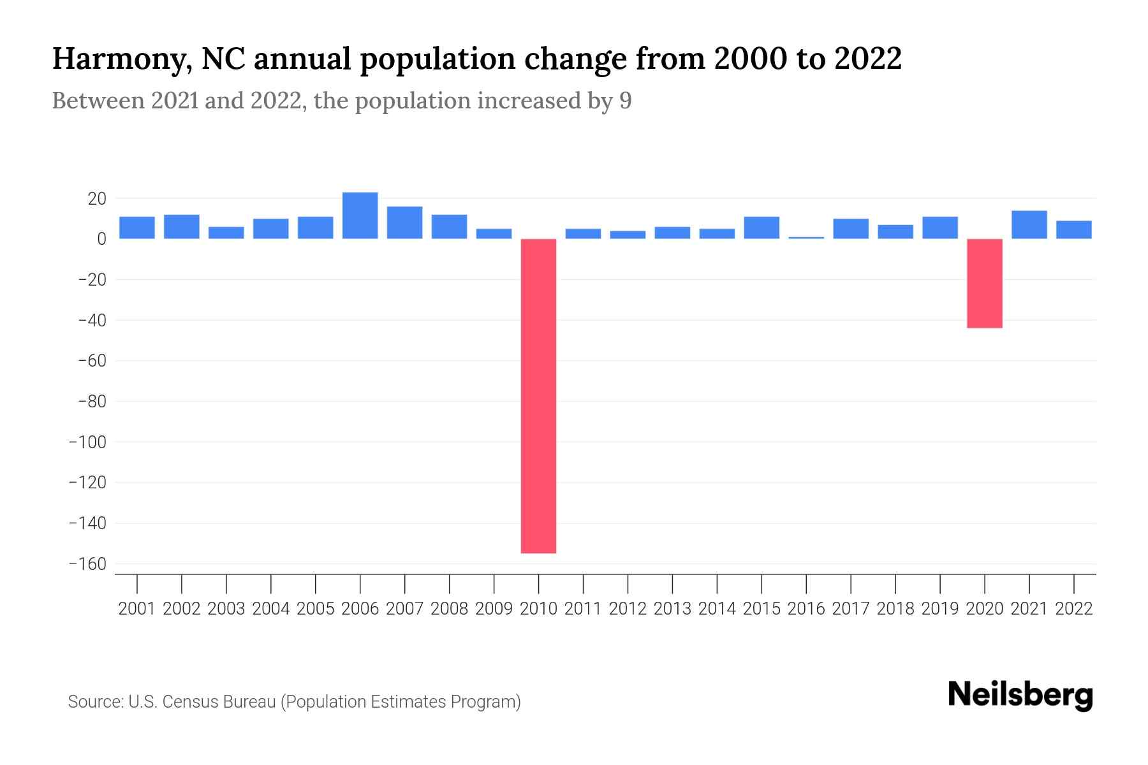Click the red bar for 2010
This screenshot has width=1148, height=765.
tap(538, 395)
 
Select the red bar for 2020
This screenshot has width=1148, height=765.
tap(984, 283)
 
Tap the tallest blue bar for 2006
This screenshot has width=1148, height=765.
tap(360, 215)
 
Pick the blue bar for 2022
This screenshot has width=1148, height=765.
tap(1073, 229)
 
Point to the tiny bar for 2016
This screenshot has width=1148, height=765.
tap(806, 238)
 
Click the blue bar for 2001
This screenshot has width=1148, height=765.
tap(137, 228)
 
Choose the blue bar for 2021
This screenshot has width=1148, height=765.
tap(1029, 224)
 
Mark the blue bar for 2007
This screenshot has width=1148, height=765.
tap(404, 222)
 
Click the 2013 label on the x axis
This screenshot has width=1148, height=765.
tap(672, 609)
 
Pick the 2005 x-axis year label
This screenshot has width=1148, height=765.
tap(315, 609)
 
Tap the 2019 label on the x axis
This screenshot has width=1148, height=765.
tap(940, 609)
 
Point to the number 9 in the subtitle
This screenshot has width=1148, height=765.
tap(625, 101)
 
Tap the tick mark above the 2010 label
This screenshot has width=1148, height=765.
tap(538, 583)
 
